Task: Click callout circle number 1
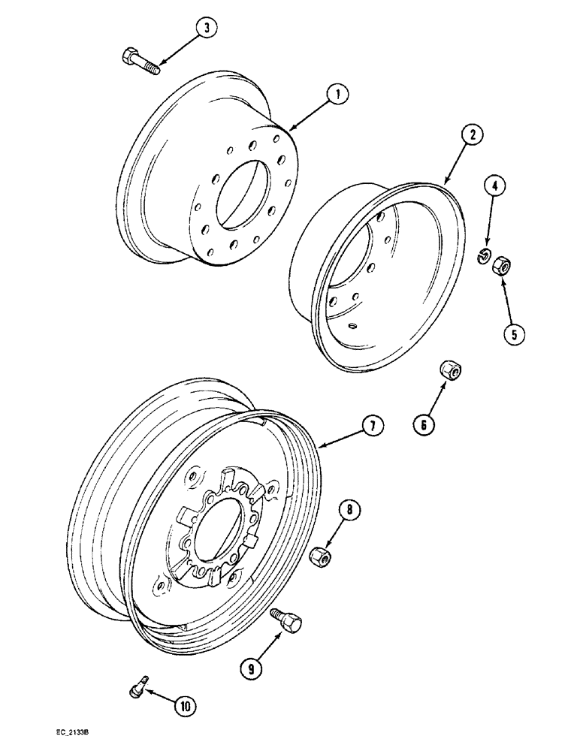tap(338, 95)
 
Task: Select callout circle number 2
tap(471, 135)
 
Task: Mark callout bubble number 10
tap(185, 705)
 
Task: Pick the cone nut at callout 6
tap(450, 371)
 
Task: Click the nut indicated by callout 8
tap(319, 556)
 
